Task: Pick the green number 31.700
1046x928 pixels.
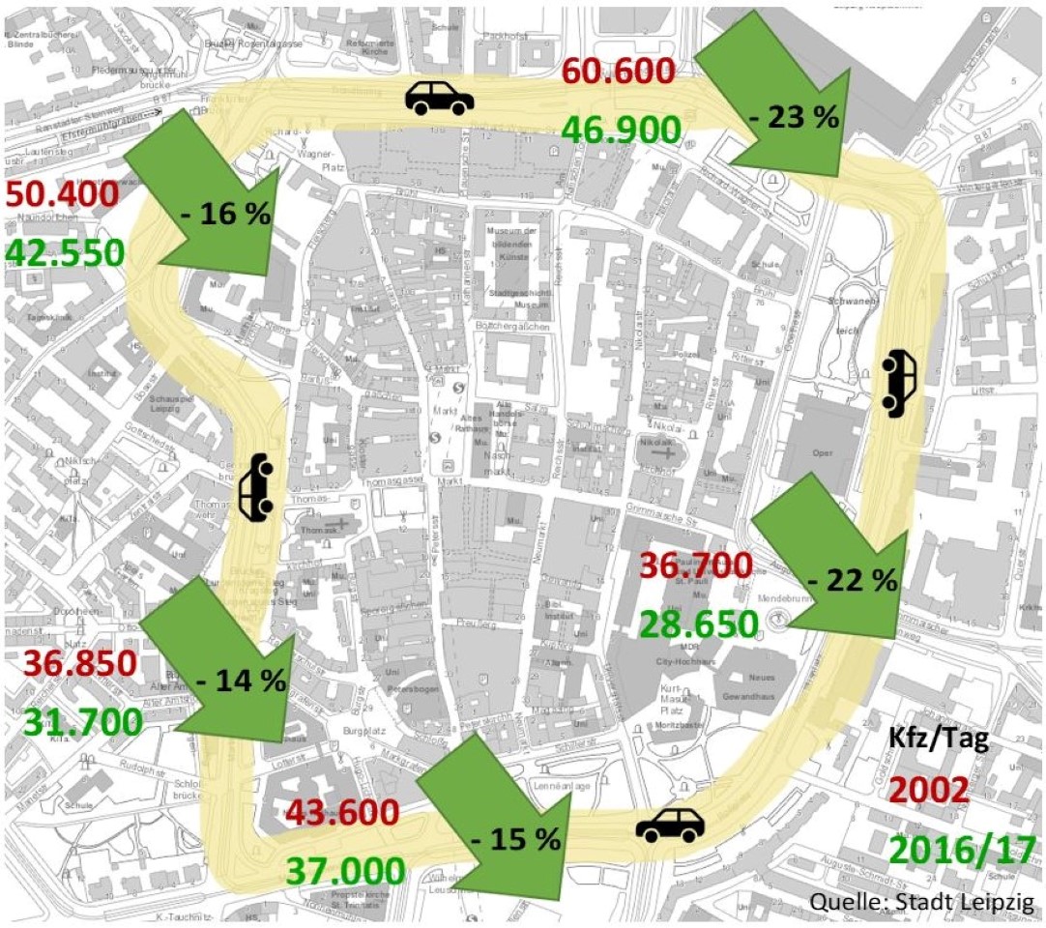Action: (x=83, y=722)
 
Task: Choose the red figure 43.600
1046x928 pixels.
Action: (x=341, y=812)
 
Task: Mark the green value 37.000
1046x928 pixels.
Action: (x=344, y=872)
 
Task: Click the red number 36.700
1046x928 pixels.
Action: (x=696, y=565)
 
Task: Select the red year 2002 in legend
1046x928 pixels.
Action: (x=928, y=790)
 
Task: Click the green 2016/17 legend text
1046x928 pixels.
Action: (x=961, y=849)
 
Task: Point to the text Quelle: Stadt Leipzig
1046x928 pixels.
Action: (x=922, y=903)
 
